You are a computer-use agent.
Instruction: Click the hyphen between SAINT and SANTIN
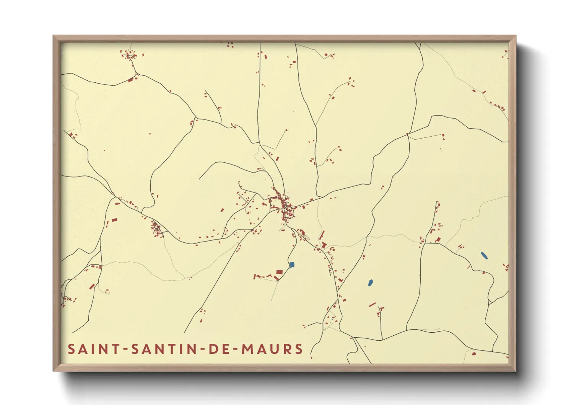point(124,349)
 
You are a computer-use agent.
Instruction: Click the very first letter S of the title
point(71,349)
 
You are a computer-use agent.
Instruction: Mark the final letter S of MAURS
point(299,349)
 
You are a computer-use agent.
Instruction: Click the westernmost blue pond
point(292,265)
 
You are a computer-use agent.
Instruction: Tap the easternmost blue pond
point(484,255)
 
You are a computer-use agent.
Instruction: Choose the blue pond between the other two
point(370,283)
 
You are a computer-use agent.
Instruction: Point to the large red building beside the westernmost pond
point(279,272)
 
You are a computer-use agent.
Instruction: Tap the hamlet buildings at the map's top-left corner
point(129,54)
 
